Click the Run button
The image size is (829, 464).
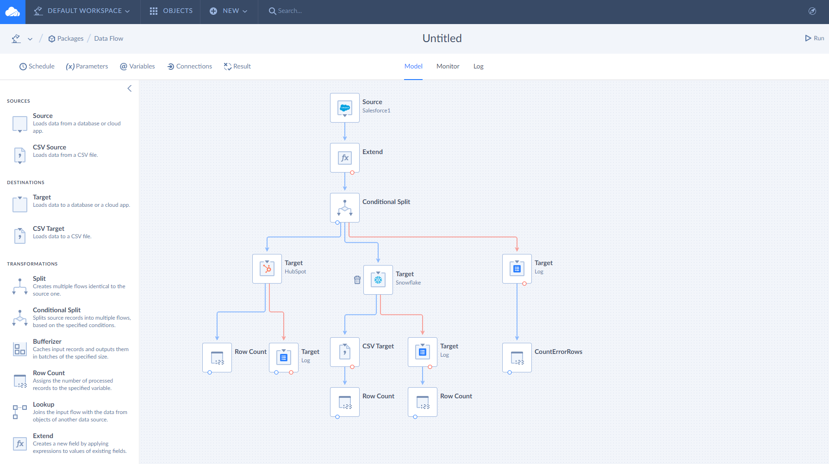tap(814, 38)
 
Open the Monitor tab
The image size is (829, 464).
tap(448, 66)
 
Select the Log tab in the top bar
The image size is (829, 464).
tap(478, 66)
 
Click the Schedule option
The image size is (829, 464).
tap(37, 66)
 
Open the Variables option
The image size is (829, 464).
tap(137, 66)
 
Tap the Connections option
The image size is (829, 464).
tap(190, 66)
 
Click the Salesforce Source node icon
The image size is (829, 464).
tap(345, 108)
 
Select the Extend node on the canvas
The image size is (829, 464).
tap(345, 158)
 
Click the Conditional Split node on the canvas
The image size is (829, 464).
tap(345, 208)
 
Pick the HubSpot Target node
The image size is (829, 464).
tap(267, 269)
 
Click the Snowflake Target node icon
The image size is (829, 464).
tap(378, 280)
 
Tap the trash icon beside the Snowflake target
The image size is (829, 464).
tap(357, 280)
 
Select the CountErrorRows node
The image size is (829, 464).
tap(517, 358)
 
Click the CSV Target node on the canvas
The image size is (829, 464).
tap(345, 352)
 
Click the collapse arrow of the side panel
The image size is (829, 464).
tap(130, 88)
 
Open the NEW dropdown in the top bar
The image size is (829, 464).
tap(229, 11)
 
